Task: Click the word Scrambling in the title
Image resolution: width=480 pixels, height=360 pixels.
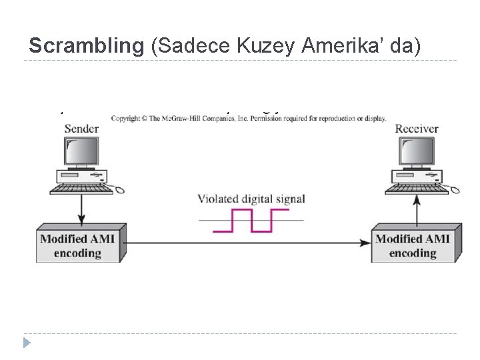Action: [87, 46]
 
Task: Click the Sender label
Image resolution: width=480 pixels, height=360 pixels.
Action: [81, 128]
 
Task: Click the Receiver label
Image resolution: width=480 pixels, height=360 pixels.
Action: [417, 128]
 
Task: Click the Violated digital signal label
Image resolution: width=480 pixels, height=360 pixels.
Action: [251, 199]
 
